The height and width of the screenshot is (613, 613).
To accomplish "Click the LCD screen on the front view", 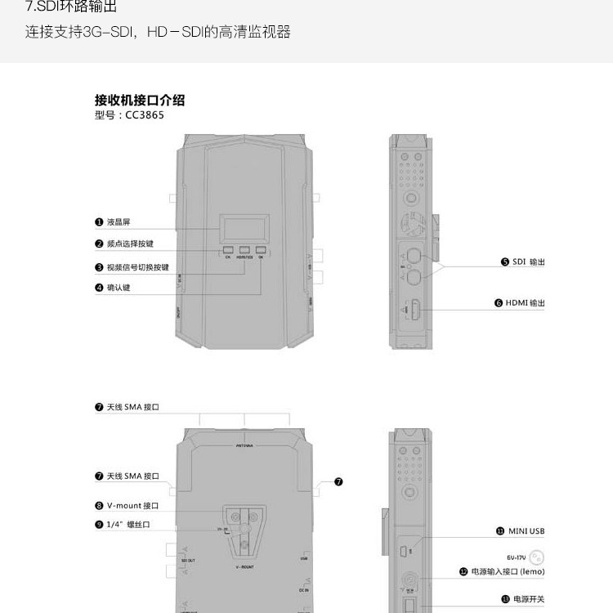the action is [x=243, y=226].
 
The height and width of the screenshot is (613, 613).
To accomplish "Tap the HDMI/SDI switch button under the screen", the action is [x=244, y=250].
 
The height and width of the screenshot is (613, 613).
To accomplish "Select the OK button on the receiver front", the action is [x=261, y=250].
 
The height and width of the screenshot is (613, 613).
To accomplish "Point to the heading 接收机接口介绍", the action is [x=140, y=101].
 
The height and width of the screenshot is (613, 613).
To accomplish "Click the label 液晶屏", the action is [x=119, y=221].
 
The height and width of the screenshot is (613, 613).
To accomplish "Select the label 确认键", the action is [x=119, y=288].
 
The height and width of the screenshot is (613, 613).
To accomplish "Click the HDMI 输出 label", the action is [x=524, y=303].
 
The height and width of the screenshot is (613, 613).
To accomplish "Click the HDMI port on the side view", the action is [x=415, y=311].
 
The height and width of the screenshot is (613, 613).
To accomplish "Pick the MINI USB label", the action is [x=526, y=531].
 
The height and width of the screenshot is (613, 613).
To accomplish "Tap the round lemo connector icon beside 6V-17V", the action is [x=537, y=557].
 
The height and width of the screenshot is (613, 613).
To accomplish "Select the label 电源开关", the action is [x=528, y=599].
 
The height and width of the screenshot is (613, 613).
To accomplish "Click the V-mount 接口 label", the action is [x=132, y=506].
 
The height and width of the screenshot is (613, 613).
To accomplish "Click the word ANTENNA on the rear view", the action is [x=244, y=446].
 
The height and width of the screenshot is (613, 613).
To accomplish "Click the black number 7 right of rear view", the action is [x=338, y=481].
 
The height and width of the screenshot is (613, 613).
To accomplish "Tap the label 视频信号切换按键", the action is [x=137, y=267].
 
